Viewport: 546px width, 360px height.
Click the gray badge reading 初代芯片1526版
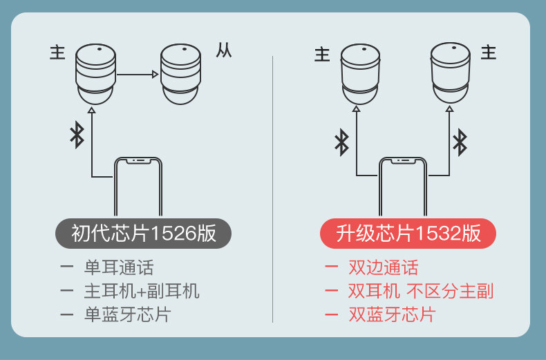[x=143, y=234]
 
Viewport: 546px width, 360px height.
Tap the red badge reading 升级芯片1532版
[x=408, y=234]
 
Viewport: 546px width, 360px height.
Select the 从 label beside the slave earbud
[x=223, y=51]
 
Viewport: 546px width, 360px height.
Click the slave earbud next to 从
[x=180, y=74]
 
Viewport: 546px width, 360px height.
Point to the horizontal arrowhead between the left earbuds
[x=156, y=74]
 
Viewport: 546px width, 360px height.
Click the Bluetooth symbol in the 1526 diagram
[x=77, y=135]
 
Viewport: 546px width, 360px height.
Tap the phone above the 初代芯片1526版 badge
[x=138, y=187]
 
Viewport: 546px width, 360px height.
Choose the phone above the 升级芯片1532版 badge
[x=402, y=187]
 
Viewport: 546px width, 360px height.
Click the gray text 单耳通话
[x=119, y=267]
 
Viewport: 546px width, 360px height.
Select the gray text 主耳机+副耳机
[x=142, y=291]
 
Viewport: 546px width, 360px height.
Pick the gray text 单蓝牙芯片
[x=127, y=314]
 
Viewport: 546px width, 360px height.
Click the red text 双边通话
[x=384, y=267]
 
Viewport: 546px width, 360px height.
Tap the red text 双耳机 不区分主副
[x=421, y=291]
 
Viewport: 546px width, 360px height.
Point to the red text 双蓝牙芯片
[x=392, y=314]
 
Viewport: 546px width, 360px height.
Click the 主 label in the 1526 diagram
[x=57, y=53]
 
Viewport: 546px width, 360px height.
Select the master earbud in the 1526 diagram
[x=95, y=74]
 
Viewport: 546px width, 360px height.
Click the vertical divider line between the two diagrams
[x=272, y=189]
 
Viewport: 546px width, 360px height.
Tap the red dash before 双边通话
[x=331, y=267]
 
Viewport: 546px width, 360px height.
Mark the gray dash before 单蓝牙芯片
[x=66, y=314]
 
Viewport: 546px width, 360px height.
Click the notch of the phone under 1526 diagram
[x=138, y=161]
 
